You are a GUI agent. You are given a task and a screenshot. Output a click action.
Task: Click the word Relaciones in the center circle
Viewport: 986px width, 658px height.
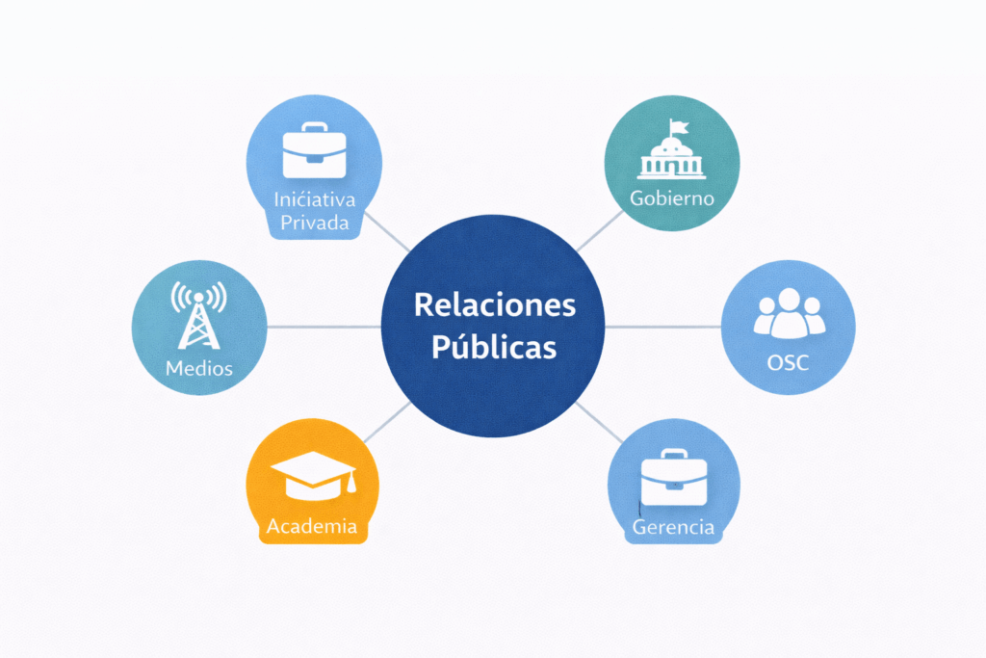[x=494, y=305]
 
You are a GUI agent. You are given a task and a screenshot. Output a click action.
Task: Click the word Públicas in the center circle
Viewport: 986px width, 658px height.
[x=493, y=346]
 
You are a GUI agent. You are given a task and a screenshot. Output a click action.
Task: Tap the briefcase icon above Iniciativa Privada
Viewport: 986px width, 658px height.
[x=314, y=150]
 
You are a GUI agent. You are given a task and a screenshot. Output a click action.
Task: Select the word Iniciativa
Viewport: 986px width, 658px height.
[x=314, y=199]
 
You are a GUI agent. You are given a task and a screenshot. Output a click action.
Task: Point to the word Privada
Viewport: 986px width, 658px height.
[x=314, y=224]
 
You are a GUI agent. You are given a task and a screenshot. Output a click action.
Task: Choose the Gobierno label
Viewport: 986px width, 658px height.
[x=671, y=198]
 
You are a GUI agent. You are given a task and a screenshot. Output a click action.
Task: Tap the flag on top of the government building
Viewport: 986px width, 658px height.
[x=677, y=126]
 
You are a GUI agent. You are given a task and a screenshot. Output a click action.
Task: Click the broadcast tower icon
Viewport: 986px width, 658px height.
[x=198, y=314]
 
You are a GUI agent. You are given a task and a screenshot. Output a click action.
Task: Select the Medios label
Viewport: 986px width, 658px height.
[x=198, y=368]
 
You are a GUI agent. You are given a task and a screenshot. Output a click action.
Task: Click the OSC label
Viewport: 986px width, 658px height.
[x=789, y=363]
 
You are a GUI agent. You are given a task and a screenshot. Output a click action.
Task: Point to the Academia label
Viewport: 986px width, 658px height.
[x=312, y=526]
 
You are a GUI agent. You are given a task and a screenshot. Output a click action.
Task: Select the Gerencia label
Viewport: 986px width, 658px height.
[x=673, y=527]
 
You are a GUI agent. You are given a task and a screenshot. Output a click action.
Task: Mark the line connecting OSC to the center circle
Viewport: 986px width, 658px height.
[x=664, y=327]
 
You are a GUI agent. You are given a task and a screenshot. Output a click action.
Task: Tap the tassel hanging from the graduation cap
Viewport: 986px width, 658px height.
[x=352, y=482]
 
